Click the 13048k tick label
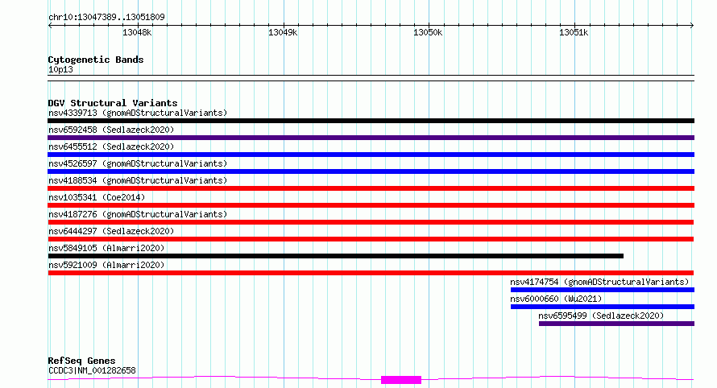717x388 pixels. pos(137,32)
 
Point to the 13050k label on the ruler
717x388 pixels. pos(428,32)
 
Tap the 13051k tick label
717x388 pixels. pos(574,32)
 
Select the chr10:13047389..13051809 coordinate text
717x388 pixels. pos(106,17)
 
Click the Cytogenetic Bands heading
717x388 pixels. pos(96,60)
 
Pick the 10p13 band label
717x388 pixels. pos(60,69)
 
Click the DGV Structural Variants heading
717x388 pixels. pos(113,103)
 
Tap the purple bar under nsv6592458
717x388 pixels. pos(371,138)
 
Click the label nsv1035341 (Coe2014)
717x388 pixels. pos(97,197)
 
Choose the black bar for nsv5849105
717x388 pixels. pos(336,256)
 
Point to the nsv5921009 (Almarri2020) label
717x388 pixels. pos(106,265)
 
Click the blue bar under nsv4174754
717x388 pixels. pos(603,290)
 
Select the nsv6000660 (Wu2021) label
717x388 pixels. pos(556,299)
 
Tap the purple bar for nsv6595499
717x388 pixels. pos(616,324)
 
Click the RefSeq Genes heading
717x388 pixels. pos(81,361)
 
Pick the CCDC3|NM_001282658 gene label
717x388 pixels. pos(92,370)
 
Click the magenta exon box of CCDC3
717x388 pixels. pos(401,380)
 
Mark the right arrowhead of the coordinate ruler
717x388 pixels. pos(692,25)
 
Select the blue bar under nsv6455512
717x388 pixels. pos(371,155)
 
